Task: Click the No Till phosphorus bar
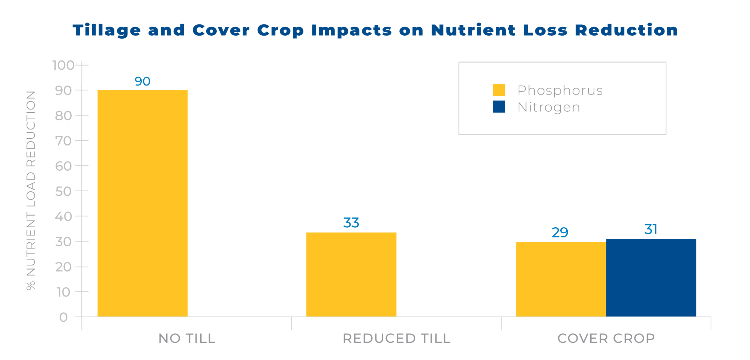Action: pyautogui.click(x=142, y=203)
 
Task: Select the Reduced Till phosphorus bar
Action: pyautogui.click(x=351, y=274)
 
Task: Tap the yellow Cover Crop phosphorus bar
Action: pyautogui.click(x=561, y=279)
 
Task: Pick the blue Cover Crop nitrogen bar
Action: pyautogui.click(x=651, y=278)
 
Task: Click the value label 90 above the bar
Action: pyautogui.click(x=142, y=81)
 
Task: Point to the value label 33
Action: pyautogui.click(x=351, y=223)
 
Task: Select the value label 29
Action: pyautogui.click(x=560, y=232)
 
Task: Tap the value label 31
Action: pyautogui.click(x=651, y=229)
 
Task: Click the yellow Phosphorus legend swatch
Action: pyautogui.click(x=499, y=90)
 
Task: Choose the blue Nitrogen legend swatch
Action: pyautogui.click(x=499, y=107)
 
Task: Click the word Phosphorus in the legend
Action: pyautogui.click(x=560, y=90)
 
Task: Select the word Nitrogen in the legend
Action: pyautogui.click(x=549, y=107)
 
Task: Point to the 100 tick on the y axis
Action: pyautogui.click(x=63, y=65)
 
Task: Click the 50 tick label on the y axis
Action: pyautogui.click(x=64, y=191)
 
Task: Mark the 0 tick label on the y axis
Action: pyautogui.click(x=64, y=317)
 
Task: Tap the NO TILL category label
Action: pyautogui.click(x=187, y=338)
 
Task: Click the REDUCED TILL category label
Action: pyautogui.click(x=396, y=338)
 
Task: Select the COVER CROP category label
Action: pyautogui.click(x=606, y=338)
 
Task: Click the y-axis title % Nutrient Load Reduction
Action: pyautogui.click(x=31, y=190)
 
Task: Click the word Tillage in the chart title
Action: pyautogui.click(x=107, y=30)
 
